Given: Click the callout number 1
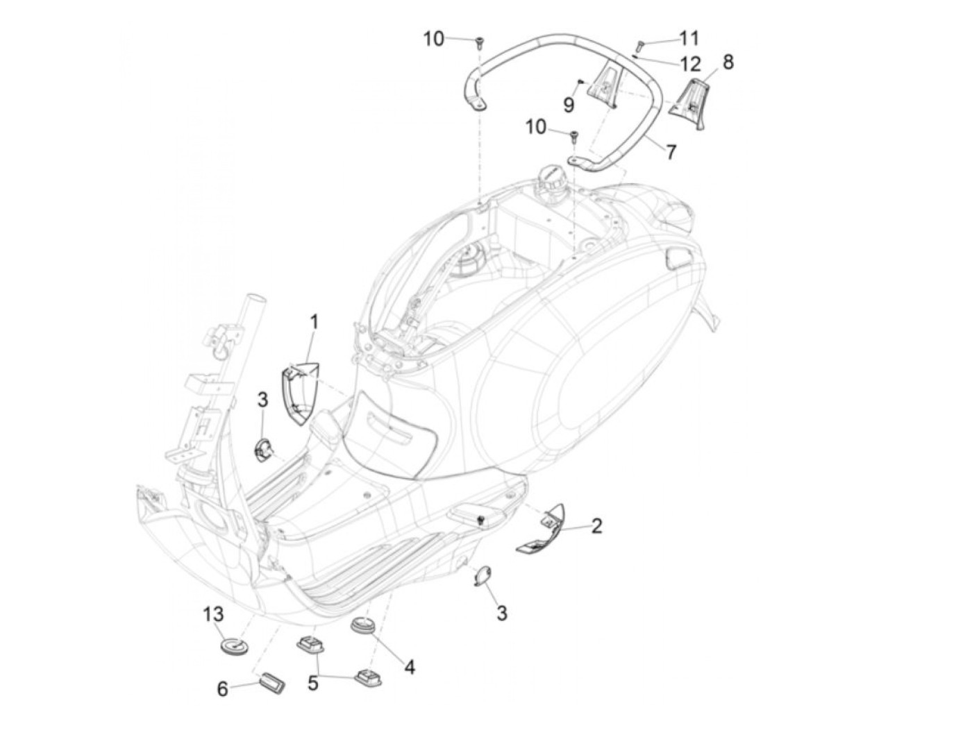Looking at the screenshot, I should (314, 322).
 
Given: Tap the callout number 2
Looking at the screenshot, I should (596, 525).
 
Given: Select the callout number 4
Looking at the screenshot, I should (410, 668).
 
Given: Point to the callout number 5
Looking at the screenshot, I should (313, 683).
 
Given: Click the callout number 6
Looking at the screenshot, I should (223, 689).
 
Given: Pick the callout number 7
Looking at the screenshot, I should (671, 152).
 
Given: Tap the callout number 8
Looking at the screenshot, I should (727, 62).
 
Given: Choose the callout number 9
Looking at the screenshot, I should (569, 105).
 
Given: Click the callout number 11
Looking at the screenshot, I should (689, 37).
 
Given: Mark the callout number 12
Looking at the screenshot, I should (690, 65).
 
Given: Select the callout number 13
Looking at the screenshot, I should (214, 615).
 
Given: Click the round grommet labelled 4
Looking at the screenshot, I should (362, 626).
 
